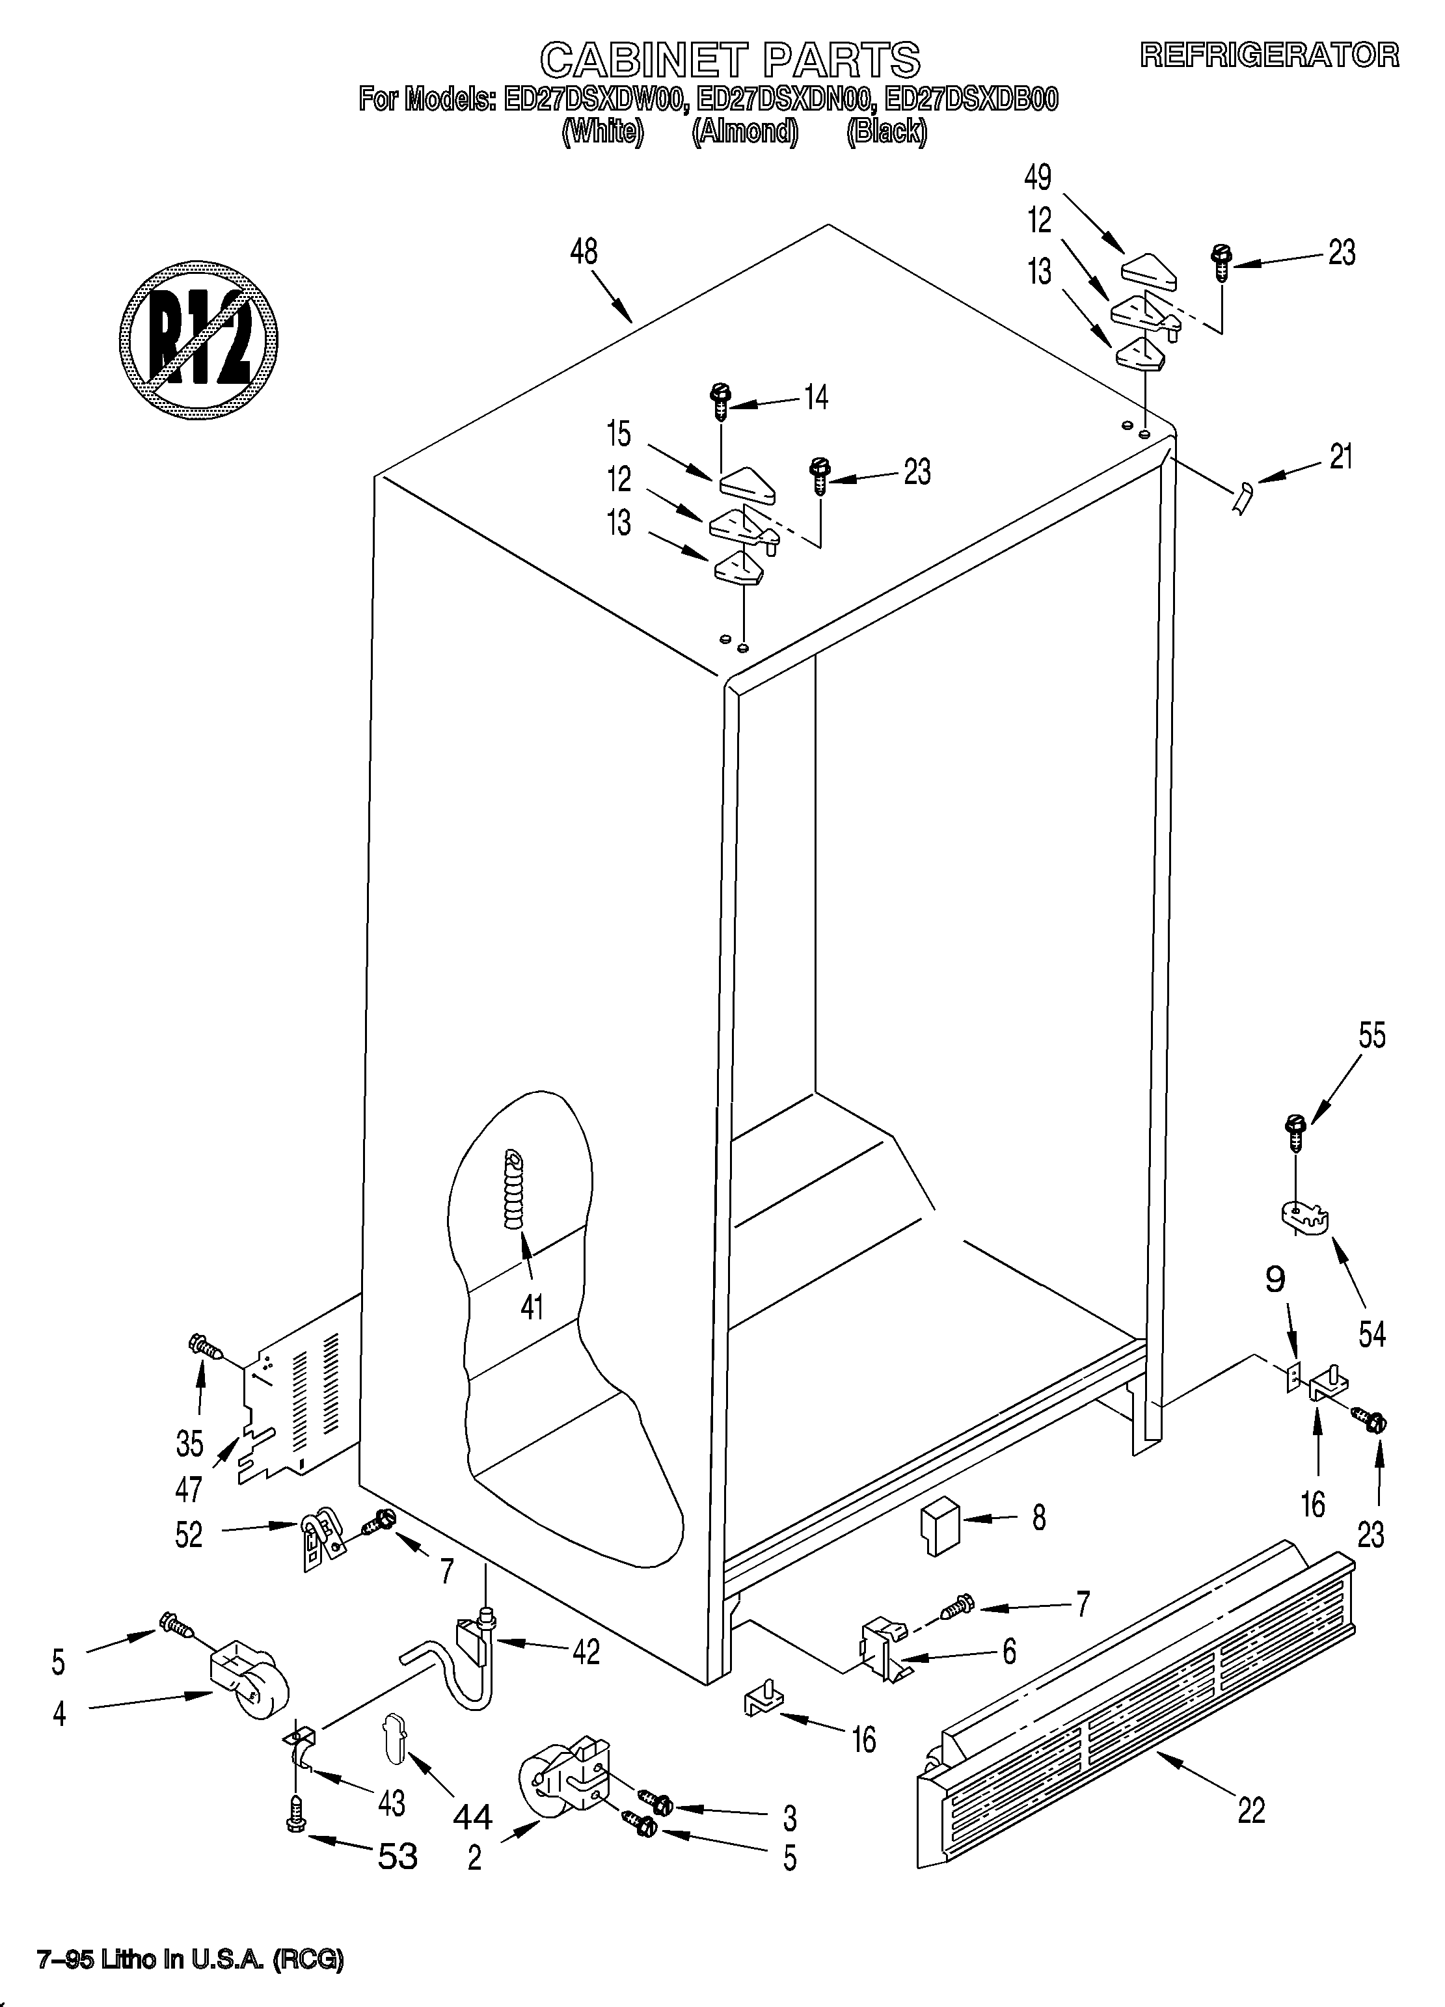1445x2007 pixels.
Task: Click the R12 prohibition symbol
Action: pos(199,340)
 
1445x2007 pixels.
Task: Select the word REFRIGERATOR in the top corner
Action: pos(1269,55)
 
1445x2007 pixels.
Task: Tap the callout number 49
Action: pos(1037,177)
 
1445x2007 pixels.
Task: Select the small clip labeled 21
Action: pos(1243,498)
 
